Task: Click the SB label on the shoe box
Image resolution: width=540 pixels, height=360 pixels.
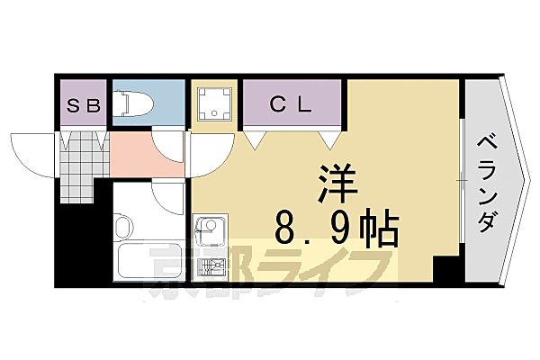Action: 85,104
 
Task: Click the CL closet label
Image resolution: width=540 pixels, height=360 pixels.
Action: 291,104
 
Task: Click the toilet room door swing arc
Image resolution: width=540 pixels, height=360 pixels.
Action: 168,144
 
